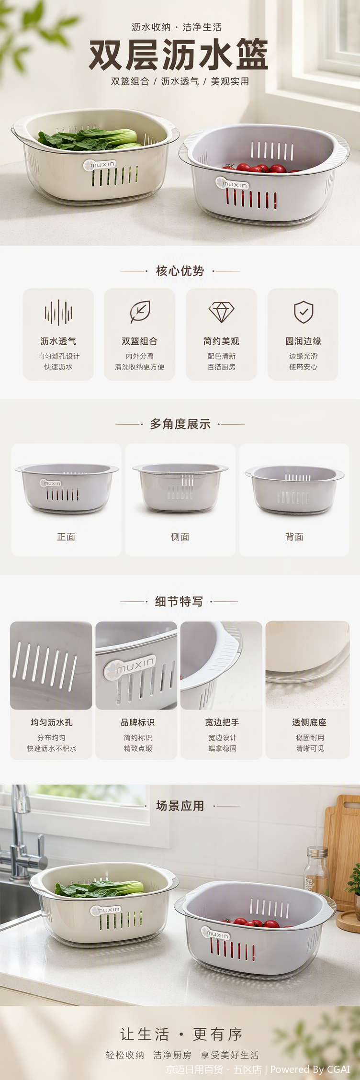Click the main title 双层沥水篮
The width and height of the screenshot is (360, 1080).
pyautogui.click(x=178, y=55)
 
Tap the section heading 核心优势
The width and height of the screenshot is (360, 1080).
pyautogui.click(x=180, y=271)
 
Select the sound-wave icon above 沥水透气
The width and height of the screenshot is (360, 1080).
pyautogui.click(x=58, y=313)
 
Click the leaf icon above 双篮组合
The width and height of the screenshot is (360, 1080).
pyautogui.click(x=140, y=312)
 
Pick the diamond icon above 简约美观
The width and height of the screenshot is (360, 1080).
pyautogui.click(x=221, y=312)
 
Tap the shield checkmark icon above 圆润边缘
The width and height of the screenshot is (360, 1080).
pyautogui.click(x=303, y=312)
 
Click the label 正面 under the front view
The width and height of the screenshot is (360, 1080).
pyautogui.click(x=66, y=537)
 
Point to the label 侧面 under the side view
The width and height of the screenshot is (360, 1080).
pyautogui.click(x=180, y=537)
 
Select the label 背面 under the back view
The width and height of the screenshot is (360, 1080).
pyautogui.click(x=294, y=537)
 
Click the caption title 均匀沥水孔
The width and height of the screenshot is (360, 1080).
pyautogui.click(x=51, y=722)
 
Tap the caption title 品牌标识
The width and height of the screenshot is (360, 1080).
pyautogui.click(x=137, y=722)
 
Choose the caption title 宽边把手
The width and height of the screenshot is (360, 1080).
pyautogui.click(x=222, y=722)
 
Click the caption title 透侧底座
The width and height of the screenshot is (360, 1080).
pyautogui.click(x=309, y=722)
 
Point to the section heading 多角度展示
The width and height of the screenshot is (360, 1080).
pyautogui.click(x=180, y=424)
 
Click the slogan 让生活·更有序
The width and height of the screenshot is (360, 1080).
pyautogui.click(x=181, y=1034)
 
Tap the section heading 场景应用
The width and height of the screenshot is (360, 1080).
pyautogui.click(x=180, y=806)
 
